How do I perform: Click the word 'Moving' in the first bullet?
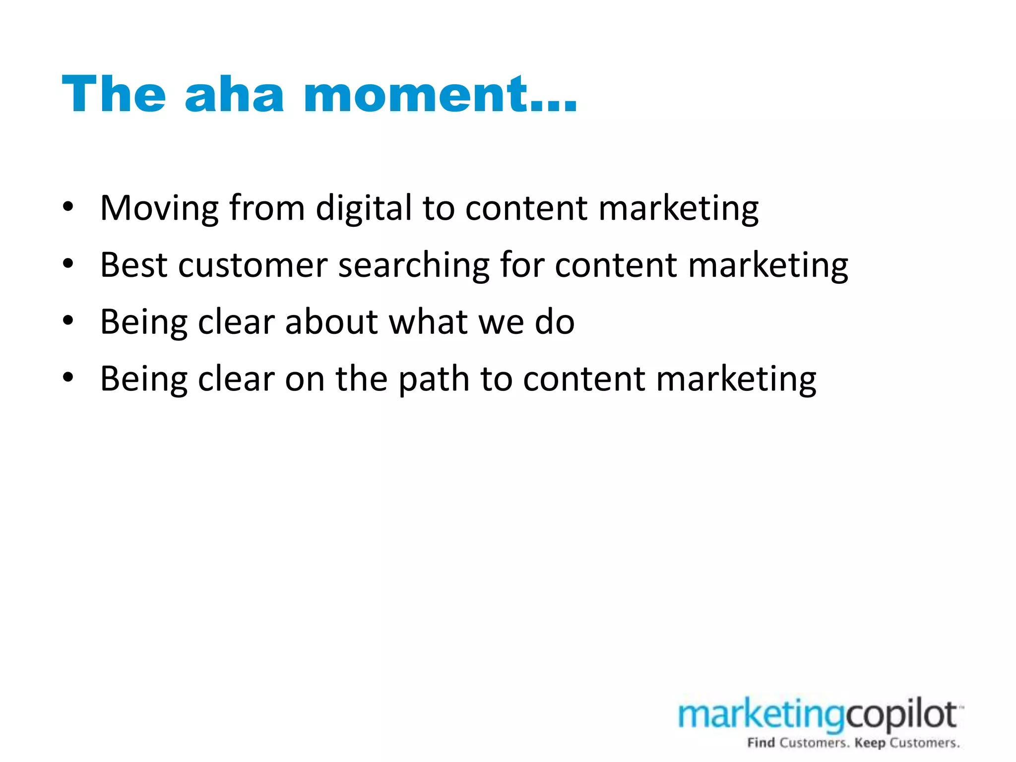(159, 208)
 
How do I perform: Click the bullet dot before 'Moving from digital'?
(68, 207)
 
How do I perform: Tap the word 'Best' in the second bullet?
(133, 265)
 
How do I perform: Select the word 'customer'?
(253, 265)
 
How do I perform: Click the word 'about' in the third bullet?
(331, 322)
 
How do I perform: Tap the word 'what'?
(428, 322)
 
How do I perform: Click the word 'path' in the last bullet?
(434, 380)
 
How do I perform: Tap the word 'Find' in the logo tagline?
(761, 743)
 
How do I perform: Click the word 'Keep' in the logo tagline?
(870, 743)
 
